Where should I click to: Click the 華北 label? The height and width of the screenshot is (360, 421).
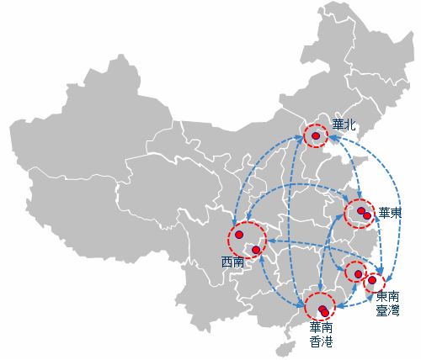344,125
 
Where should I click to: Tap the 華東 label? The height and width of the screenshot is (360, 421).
390,213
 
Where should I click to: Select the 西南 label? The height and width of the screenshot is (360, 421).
232,262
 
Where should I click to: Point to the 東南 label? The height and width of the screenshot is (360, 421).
387,296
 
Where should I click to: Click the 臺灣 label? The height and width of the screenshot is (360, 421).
387,310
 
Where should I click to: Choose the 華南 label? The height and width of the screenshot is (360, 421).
321,327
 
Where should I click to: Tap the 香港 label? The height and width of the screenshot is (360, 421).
321,341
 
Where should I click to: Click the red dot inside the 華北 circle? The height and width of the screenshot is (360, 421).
316,136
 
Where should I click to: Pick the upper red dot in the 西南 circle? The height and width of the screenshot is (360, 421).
239,235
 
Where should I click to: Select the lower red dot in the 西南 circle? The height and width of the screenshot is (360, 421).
256,250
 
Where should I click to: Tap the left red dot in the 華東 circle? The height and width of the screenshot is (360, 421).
361,211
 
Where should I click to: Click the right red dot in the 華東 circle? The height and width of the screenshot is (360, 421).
367,215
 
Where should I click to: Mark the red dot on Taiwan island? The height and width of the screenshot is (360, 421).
372,280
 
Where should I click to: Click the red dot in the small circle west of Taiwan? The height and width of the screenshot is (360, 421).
358,274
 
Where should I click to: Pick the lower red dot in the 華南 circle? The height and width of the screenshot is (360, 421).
325,313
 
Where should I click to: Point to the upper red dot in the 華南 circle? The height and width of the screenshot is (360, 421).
322,309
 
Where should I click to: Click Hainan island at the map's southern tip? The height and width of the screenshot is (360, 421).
286,349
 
